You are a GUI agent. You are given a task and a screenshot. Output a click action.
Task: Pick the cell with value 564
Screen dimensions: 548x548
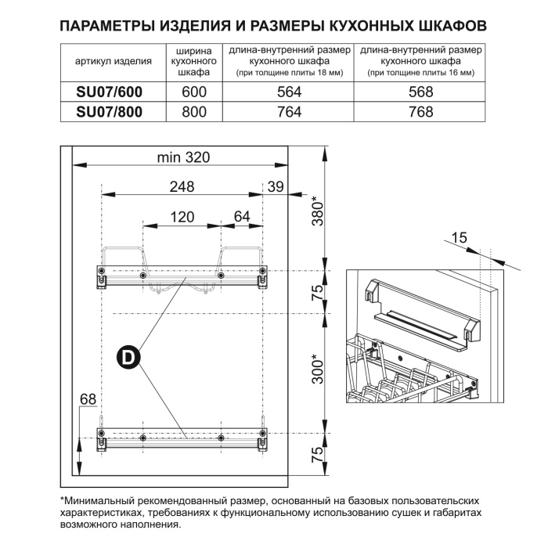click(289, 92)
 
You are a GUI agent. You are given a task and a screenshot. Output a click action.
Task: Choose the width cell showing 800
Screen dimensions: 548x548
click(193, 111)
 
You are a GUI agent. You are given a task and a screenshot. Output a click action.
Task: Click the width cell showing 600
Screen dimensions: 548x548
click(193, 92)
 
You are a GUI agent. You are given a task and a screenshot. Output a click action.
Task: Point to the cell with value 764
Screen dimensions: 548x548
click(289, 111)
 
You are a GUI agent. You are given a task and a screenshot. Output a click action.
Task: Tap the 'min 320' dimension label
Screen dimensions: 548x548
click(183, 157)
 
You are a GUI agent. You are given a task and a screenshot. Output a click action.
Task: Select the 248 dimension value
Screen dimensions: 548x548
click(182, 186)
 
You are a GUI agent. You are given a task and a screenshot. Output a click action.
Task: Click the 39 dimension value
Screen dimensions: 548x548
click(275, 186)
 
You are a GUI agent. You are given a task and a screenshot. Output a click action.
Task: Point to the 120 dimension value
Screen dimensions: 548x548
click(182, 217)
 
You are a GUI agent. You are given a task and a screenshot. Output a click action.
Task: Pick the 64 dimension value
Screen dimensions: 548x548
click(241, 217)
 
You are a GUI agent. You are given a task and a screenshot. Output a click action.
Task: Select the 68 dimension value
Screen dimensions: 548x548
click(88, 400)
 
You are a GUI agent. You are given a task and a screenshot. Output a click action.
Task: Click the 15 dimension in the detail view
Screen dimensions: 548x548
click(459, 236)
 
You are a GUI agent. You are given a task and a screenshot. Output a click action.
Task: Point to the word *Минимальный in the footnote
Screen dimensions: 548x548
click(101, 500)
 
